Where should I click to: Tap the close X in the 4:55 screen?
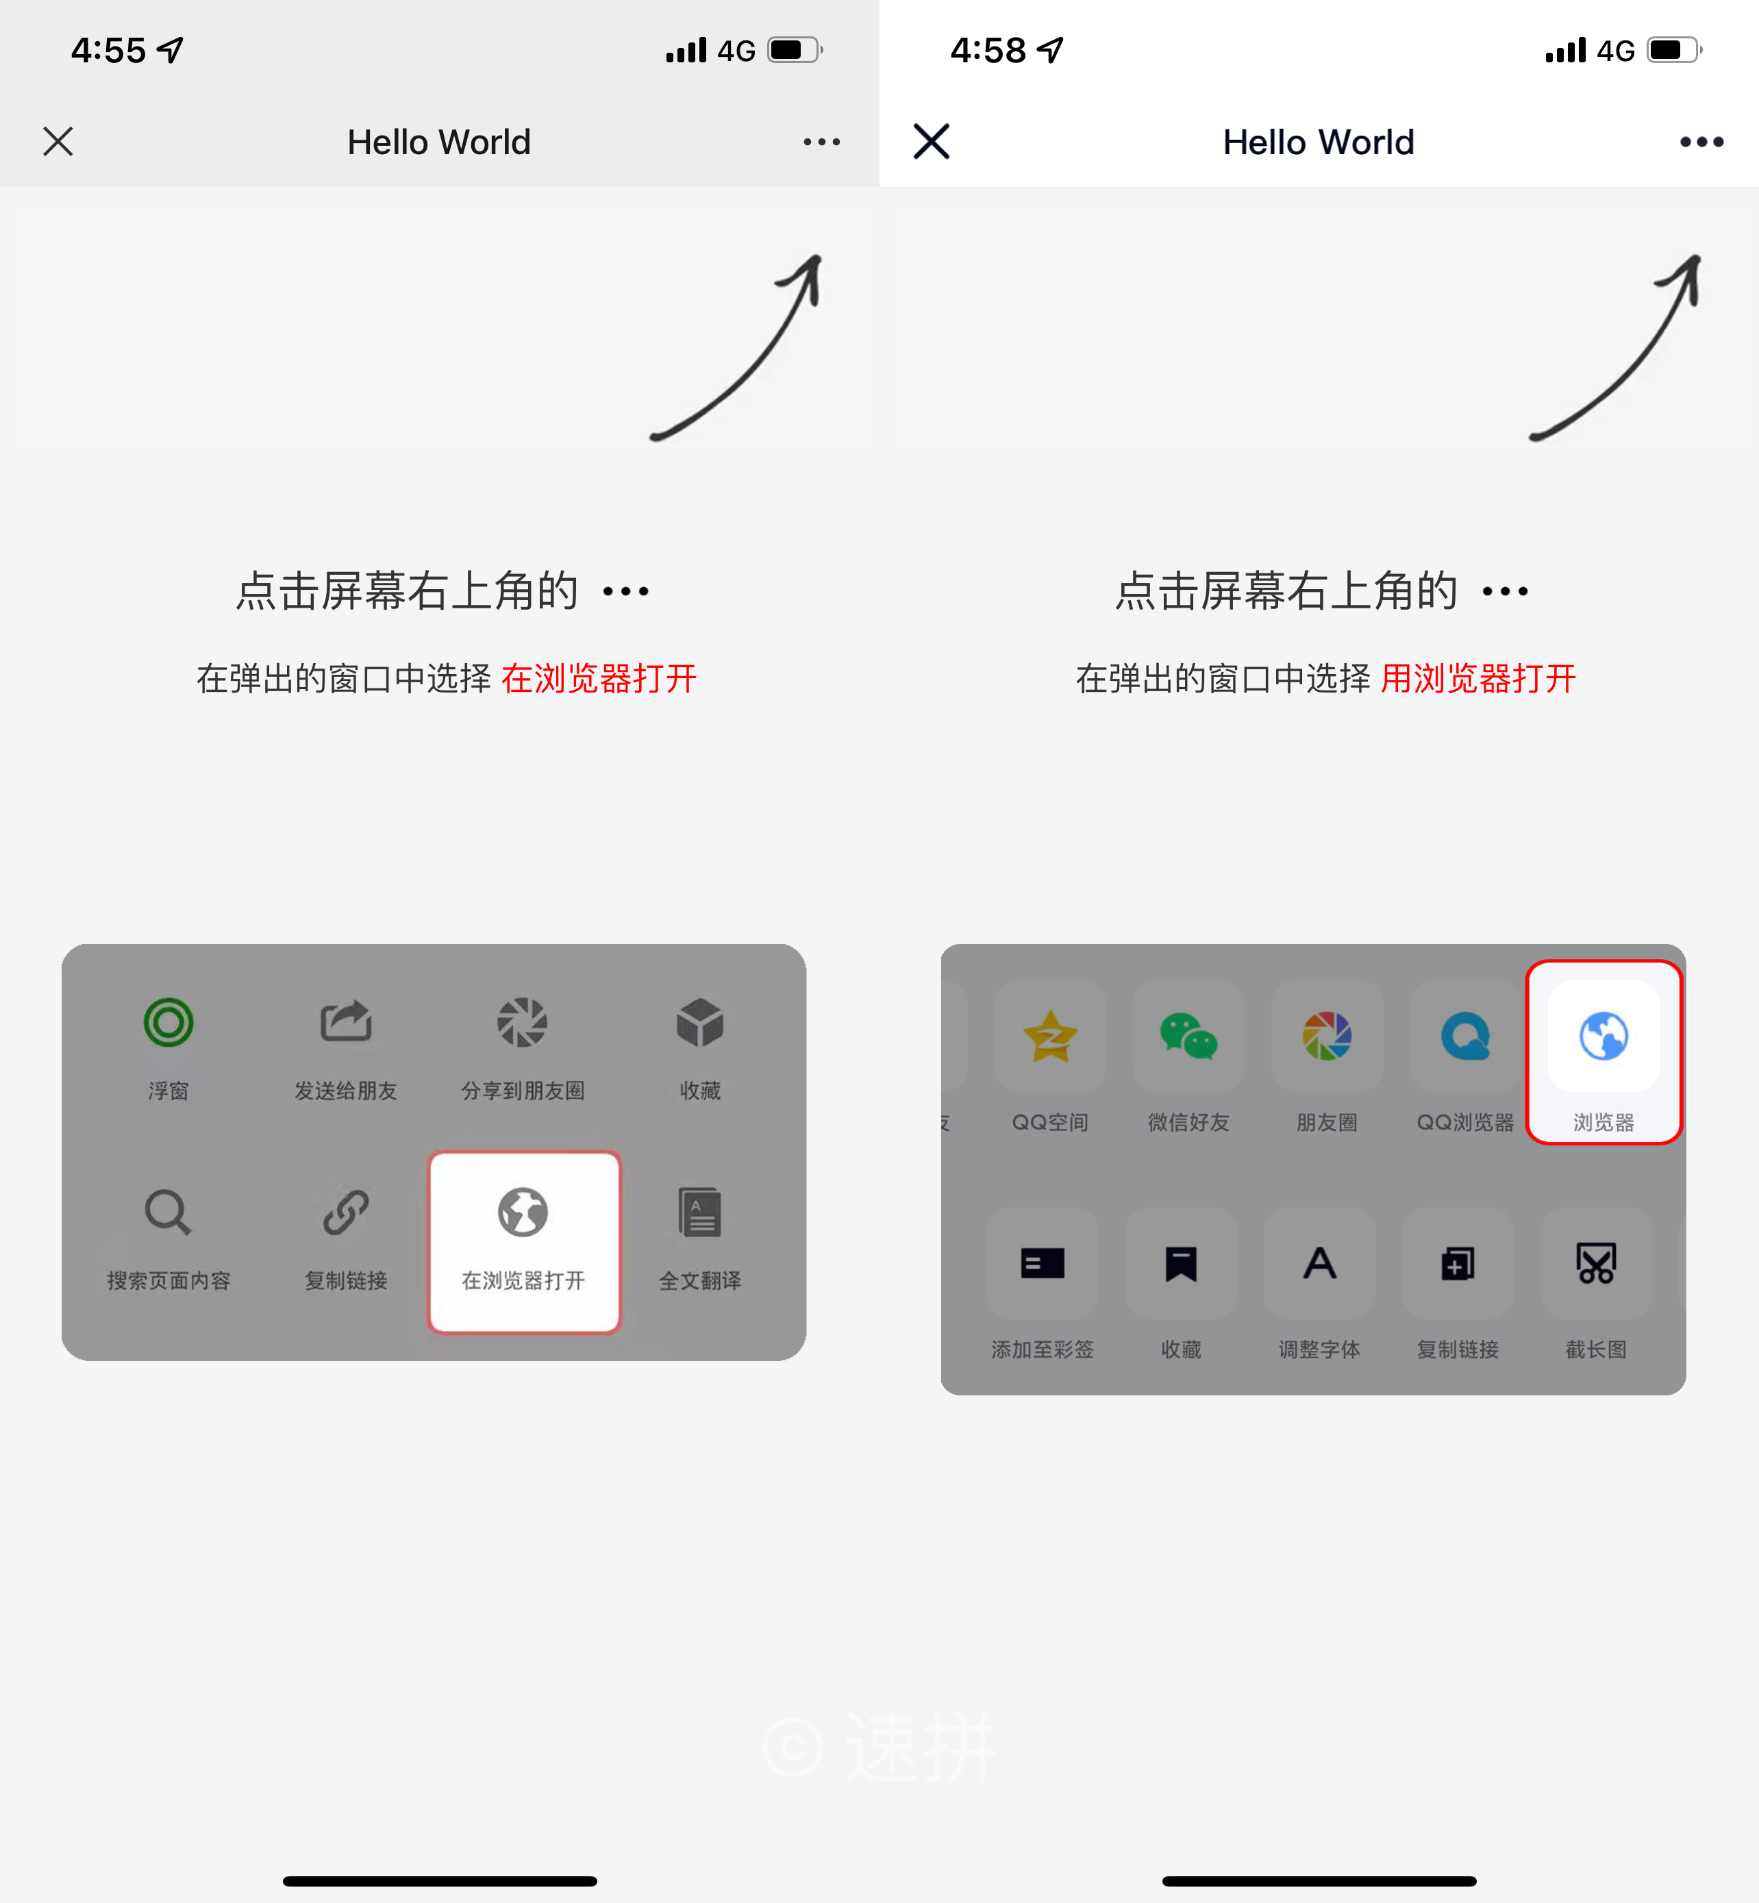[x=58, y=142]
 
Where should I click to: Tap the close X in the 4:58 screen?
[x=931, y=142]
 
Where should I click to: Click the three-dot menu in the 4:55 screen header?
[x=821, y=142]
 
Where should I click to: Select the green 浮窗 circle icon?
[x=169, y=1023]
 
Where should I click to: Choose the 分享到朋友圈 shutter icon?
[x=523, y=1023]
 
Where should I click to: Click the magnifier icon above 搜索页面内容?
[x=169, y=1212]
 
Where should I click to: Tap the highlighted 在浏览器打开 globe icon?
[x=523, y=1212]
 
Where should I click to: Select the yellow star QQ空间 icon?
[x=1050, y=1036]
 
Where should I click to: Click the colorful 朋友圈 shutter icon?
[x=1327, y=1036]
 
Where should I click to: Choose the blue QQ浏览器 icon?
[x=1466, y=1036]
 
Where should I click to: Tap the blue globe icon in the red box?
[x=1604, y=1036]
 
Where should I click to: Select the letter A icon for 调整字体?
[x=1319, y=1263]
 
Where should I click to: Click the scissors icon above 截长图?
[x=1596, y=1263]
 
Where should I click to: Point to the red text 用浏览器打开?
[x=1478, y=679]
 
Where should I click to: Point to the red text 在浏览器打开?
[x=599, y=679]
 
